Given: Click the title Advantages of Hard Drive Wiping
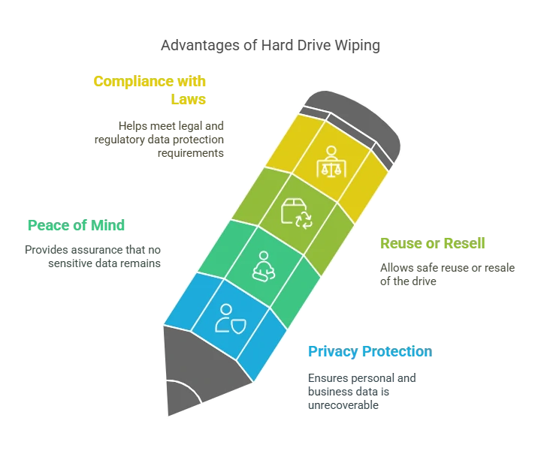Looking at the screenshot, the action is click(x=270, y=46).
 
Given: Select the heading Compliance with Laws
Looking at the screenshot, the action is click(x=150, y=90).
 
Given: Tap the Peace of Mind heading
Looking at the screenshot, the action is click(x=76, y=225).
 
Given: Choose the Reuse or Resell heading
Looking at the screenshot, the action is click(x=433, y=243).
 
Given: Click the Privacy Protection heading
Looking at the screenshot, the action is click(x=370, y=352).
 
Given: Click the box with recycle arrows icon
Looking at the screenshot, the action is click(x=297, y=213).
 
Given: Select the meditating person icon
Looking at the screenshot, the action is click(x=264, y=266).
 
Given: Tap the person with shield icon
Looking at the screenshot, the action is click(x=230, y=320).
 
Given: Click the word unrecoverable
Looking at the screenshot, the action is click(x=343, y=405).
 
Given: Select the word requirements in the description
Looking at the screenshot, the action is click(x=191, y=153).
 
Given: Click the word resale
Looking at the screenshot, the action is click(x=500, y=268).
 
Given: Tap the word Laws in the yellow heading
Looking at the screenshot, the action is click(x=189, y=99).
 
